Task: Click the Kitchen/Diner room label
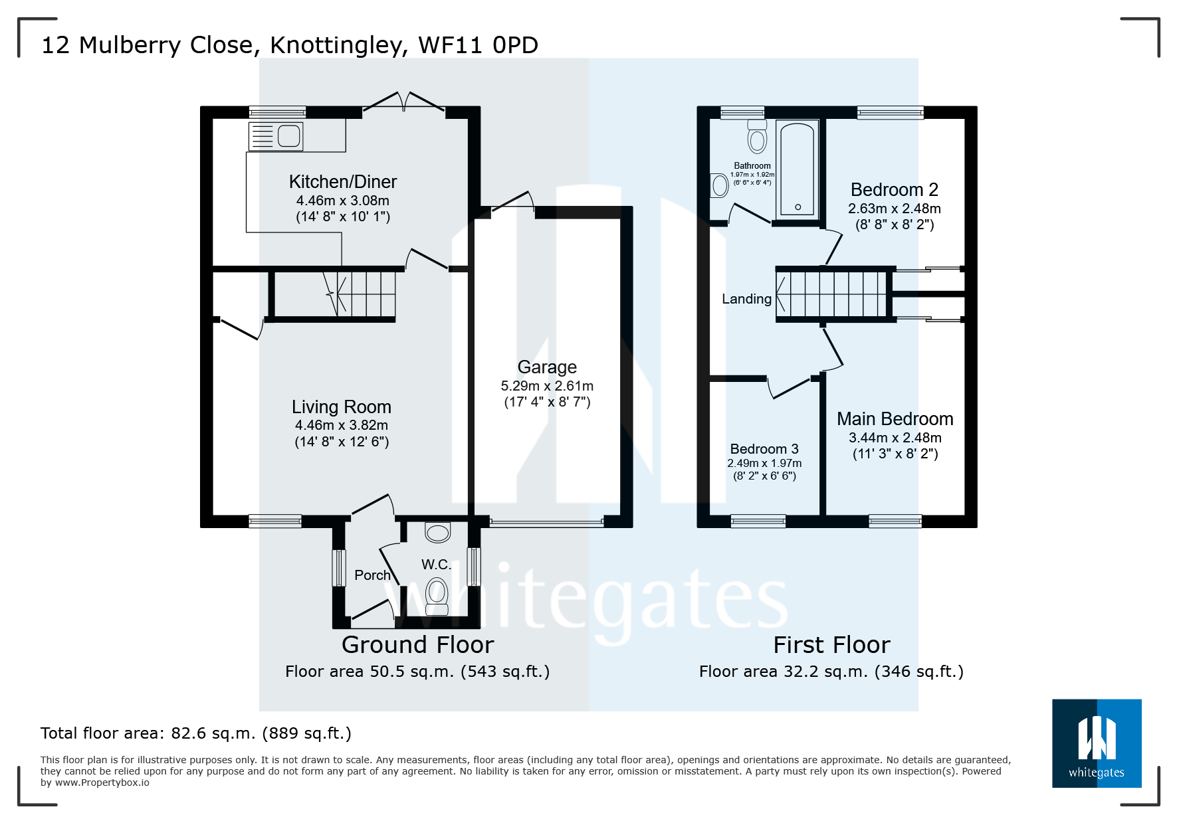342,181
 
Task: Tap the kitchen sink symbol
276,136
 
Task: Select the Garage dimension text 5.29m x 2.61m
546,386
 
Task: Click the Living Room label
341,407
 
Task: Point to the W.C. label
436,565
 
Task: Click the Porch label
372,575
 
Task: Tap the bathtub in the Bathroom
798,169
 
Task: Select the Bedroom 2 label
894,190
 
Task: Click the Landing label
746,299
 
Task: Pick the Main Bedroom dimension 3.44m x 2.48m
895,438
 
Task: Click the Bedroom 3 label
764,449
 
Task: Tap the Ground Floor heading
417,645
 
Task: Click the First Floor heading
831,645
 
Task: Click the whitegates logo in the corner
1096,743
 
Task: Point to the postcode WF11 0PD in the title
478,45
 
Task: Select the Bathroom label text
752,166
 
